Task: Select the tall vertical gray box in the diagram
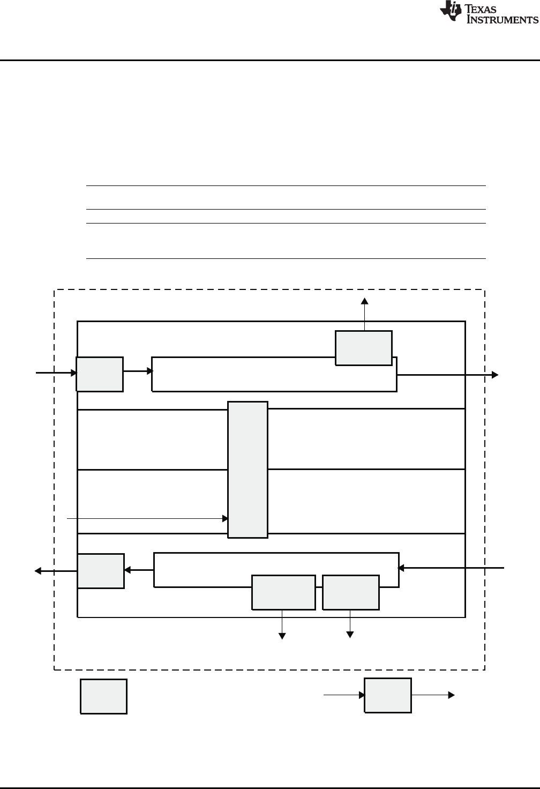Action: pyautogui.click(x=247, y=469)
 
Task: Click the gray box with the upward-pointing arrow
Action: pyautogui.click(x=364, y=348)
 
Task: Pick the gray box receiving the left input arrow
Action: pyautogui.click(x=100, y=374)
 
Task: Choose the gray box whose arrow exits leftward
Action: pyautogui.click(x=101, y=571)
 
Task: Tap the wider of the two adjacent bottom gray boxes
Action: pyautogui.click(x=283, y=592)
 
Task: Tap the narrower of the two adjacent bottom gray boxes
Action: pyautogui.click(x=351, y=592)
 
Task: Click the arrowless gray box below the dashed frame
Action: pyautogui.click(x=103, y=696)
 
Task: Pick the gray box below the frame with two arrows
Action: pyautogui.click(x=388, y=695)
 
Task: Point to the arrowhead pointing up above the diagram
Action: pyautogui.click(x=365, y=301)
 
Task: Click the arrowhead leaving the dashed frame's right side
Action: pyautogui.click(x=496, y=374)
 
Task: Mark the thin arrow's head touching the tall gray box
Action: pyautogui.click(x=226, y=518)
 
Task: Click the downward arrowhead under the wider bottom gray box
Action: pyautogui.click(x=282, y=635)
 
